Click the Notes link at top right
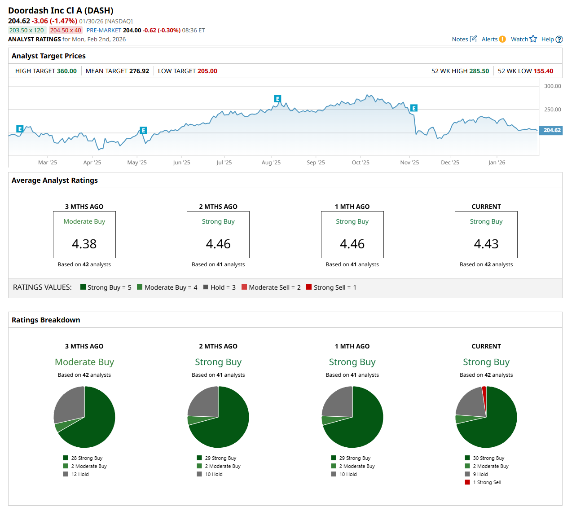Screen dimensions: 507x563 (x=460, y=40)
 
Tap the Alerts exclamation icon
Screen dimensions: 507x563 (x=502, y=39)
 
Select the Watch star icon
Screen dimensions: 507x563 (x=533, y=39)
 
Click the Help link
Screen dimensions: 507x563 (x=548, y=40)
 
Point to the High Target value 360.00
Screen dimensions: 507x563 (x=66, y=71)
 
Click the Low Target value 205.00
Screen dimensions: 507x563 (x=207, y=71)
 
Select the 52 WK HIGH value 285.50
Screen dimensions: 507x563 (x=479, y=71)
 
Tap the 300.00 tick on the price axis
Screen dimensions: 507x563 (x=552, y=86)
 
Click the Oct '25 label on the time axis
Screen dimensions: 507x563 (x=361, y=163)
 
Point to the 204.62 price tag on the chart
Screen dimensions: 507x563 (x=552, y=130)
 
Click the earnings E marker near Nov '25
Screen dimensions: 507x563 (x=414, y=108)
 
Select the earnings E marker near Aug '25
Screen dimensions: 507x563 (x=277, y=99)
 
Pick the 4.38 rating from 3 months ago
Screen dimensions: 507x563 (x=84, y=244)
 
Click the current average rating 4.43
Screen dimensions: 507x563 (x=486, y=244)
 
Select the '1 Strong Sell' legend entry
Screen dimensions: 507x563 (x=487, y=482)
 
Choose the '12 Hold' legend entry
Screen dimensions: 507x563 (x=79, y=474)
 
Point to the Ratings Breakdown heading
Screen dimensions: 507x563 (x=46, y=320)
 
